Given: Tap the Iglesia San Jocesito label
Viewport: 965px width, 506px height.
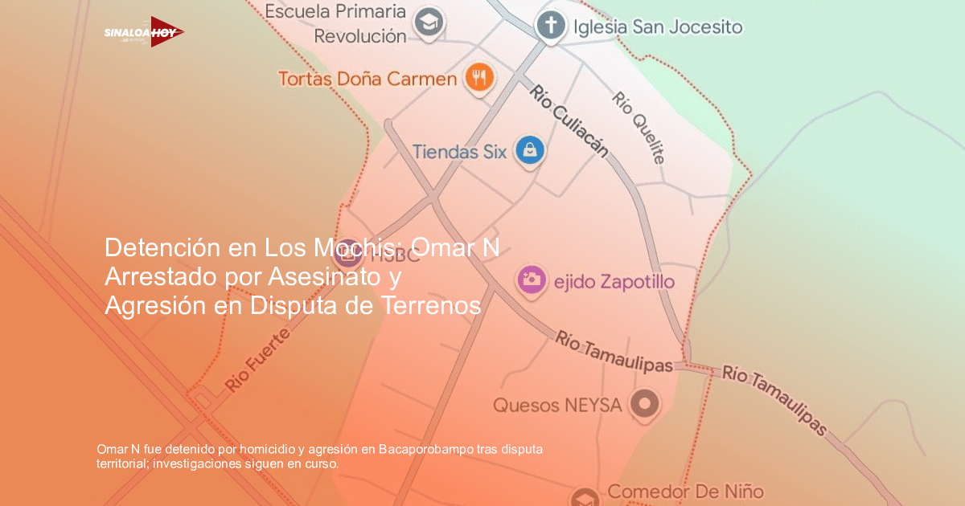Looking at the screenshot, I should point(658,27).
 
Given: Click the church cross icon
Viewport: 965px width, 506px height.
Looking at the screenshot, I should point(550,25).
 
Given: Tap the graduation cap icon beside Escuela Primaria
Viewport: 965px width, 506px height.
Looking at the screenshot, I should point(429,23).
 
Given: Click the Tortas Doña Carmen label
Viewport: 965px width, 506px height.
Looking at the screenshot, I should point(368,79).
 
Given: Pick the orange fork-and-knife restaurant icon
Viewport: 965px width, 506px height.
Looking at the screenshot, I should point(480,78).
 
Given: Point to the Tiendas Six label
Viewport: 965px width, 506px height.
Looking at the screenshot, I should point(459,150).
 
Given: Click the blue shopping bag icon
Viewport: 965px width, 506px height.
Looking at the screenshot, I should point(530,150).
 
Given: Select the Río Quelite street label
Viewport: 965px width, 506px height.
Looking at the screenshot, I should point(639,127).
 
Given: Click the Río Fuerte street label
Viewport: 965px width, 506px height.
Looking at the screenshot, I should point(257,359).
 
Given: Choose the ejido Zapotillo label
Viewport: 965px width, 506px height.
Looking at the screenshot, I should point(614,282).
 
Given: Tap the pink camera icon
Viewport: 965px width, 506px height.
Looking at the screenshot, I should point(532,280).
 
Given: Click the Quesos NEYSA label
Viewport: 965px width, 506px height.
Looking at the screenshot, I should point(557,405).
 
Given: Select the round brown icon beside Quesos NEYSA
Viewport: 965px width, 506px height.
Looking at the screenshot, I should point(644,404).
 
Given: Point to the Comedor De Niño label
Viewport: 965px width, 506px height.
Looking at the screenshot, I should point(685,491).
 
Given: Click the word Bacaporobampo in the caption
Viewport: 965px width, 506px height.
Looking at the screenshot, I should point(425,449).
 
